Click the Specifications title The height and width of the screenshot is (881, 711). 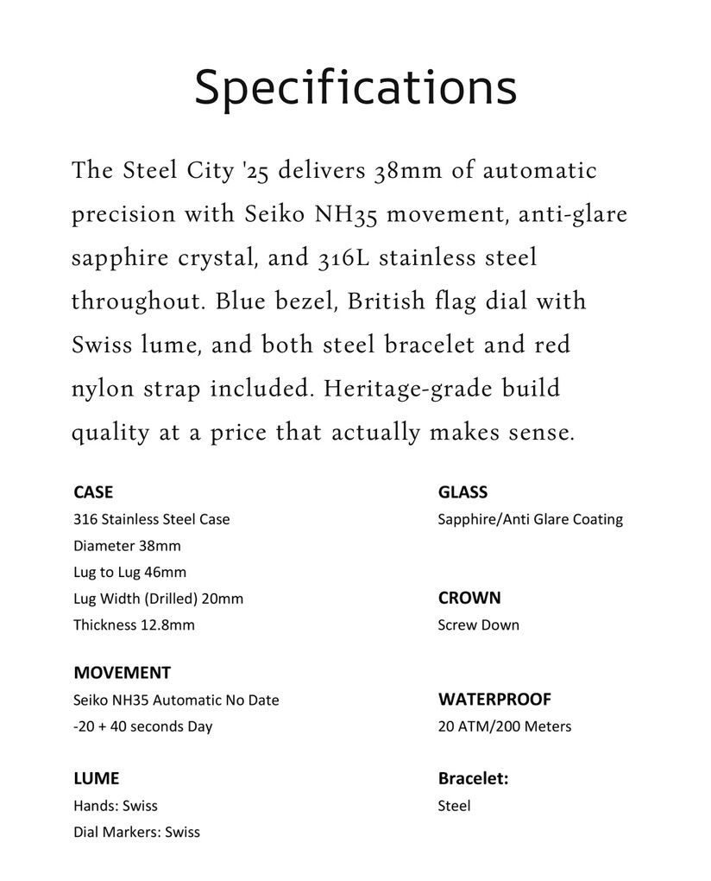click(x=355, y=88)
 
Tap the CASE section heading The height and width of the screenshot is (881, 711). click(x=93, y=492)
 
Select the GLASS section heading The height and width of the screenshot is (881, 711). click(x=462, y=492)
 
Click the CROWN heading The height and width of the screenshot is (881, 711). click(x=469, y=598)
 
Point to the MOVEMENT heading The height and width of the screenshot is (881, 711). click(x=122, y=673)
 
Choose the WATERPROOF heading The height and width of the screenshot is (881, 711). click(x=494, y=699)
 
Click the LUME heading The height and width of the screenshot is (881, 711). click(x=97, y=778)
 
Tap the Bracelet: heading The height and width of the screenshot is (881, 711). click(x=473, y=778)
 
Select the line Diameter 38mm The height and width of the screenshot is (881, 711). click(x=127, y=546)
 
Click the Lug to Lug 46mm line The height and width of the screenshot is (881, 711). click(x=129, y=572)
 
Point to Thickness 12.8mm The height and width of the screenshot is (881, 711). click(x=134, y=624)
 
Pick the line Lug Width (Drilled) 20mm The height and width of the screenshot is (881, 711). click(x=158, y=599)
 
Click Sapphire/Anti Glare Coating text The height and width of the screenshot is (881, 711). click(x=530, y=519)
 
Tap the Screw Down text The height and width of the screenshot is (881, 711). click(x=478, y=624)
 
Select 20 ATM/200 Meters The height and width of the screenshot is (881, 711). click(x=504, y=726)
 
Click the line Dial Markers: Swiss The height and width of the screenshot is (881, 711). click(x=136, y=832)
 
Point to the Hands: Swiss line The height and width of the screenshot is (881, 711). click(x=116, y=805)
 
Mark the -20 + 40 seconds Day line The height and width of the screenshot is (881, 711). click(x=142, y=726)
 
